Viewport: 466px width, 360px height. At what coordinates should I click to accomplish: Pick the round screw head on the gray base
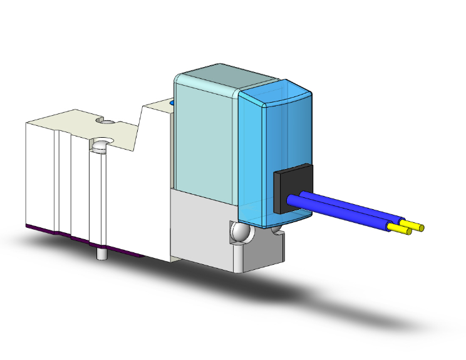click(239, 233)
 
